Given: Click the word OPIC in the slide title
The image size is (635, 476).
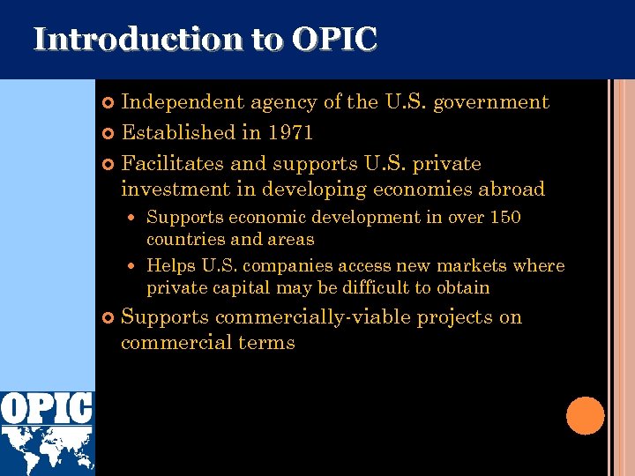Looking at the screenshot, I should (334, 40).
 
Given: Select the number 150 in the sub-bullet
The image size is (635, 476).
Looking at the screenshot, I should (504, 217).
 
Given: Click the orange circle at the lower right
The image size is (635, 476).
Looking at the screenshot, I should (585, 415).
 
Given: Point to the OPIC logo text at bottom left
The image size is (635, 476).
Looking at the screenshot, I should (47, 408).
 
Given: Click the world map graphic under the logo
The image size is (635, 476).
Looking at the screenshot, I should (47, 450).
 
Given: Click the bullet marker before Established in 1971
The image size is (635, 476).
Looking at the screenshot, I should (108, 134).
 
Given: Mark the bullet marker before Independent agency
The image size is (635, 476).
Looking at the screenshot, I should (108, 103).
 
